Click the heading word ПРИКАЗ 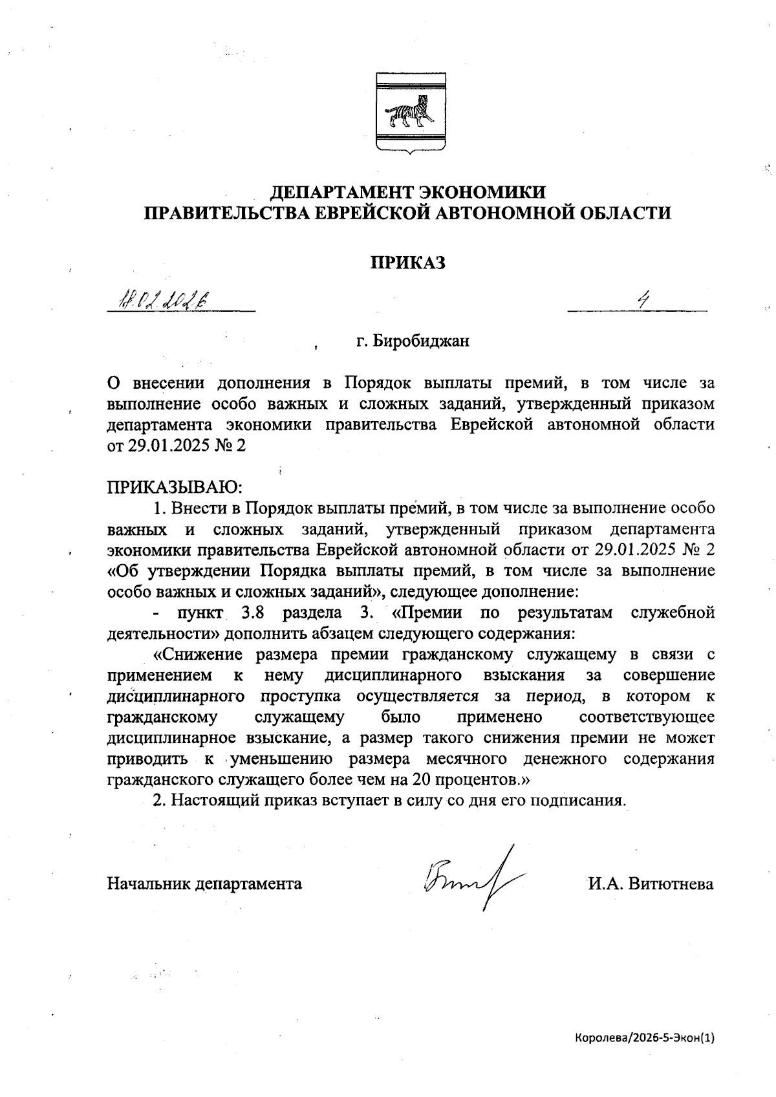click(408, 263)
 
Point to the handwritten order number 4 click(643, 299)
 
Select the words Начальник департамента click(204, 884)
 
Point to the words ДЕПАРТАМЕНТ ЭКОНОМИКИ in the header click(407, 192)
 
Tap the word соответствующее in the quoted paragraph click(647, 717)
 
